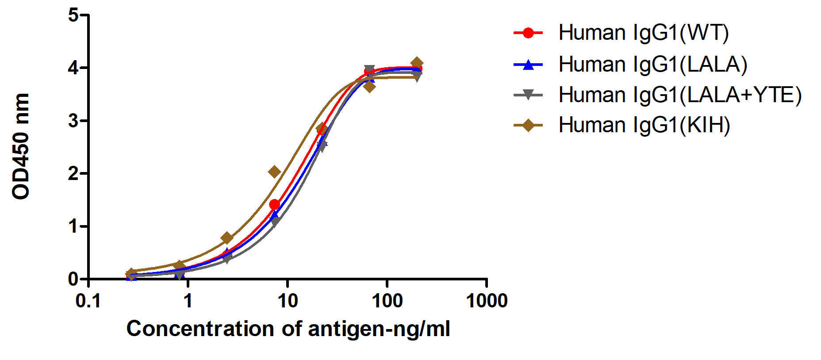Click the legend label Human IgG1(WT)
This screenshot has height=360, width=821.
(644, 33)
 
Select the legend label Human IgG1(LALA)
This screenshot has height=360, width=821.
(653, 65)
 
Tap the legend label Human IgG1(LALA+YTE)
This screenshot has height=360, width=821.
(680, 95)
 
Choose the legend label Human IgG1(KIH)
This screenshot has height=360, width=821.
(644, 125)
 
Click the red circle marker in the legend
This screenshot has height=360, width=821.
(528, 33)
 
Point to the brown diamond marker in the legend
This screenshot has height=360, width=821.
(528, 125)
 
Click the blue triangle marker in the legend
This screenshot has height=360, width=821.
(528, 65)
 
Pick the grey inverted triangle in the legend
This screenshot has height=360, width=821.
(528, 95)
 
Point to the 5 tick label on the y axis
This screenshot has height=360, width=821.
(73, 15)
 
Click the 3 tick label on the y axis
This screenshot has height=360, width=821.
(73, 121)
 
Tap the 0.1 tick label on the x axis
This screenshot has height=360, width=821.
(88, 301)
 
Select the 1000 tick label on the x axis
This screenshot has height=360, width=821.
(487, 301)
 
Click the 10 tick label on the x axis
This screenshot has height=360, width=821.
(288, 301)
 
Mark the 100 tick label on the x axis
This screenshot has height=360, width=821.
(387, 301)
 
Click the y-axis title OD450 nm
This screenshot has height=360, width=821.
(21, 146)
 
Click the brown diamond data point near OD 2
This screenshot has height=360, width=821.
(274, 172)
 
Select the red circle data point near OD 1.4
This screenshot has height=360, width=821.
(274, 204)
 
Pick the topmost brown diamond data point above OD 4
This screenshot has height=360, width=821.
(416, 63)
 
